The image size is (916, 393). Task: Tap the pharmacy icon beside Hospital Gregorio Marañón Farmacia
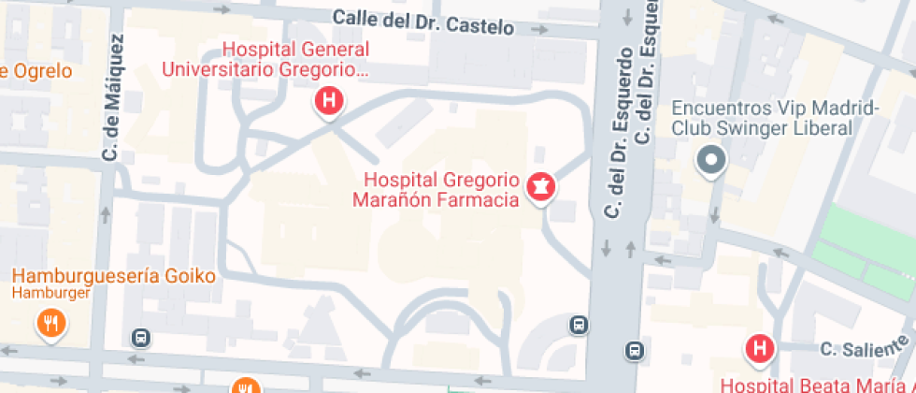(x=539, y=187)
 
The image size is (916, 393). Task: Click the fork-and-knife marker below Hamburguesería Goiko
(x=50, y=324)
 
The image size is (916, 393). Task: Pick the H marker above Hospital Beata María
(x=759, y=349)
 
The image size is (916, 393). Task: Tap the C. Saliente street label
(x=853, y=350)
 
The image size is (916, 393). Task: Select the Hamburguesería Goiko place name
(x=114, y=276)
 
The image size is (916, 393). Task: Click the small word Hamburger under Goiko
(x=51, y=293)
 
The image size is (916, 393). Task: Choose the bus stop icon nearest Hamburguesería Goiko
(x=141, y=337)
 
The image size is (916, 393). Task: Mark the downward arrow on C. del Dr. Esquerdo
(x=606, y=248)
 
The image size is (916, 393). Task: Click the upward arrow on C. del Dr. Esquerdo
(x=630, y=249)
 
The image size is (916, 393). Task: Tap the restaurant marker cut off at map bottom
(x=245, y=386)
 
